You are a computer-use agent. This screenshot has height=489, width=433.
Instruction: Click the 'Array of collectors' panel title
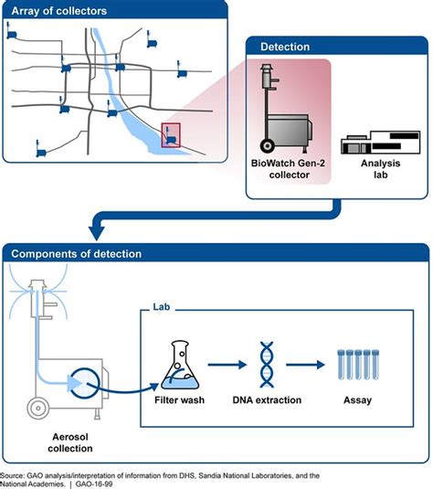(58, 11)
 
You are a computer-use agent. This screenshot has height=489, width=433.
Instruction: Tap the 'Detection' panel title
(285, 47)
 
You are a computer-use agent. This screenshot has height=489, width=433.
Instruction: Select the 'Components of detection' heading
(77, 254)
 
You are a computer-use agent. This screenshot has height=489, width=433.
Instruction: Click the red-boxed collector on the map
(171, 135)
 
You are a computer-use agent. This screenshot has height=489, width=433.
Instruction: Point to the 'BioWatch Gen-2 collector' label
(288, 169)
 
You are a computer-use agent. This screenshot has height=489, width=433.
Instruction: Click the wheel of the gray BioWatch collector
(268, 146)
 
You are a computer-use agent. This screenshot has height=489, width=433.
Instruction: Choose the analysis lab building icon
(380, 143)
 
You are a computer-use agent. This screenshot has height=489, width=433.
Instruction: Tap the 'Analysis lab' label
(380, 169)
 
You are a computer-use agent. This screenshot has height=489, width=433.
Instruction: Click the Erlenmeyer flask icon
(180, 365)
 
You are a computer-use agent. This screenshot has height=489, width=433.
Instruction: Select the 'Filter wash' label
(180, 400)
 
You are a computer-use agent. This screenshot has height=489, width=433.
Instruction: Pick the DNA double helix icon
(267, 365)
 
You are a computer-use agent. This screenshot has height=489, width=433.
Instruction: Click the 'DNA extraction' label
(267, 400)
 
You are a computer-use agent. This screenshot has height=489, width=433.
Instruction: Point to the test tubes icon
(358, 365)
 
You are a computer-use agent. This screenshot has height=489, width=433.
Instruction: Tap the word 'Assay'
(357, 400)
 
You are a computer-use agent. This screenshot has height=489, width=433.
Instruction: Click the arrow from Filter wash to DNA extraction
(227, 365)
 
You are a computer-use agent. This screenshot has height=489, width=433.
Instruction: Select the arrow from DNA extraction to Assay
(305, 365)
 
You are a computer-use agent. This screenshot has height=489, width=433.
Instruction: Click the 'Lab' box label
(161, 307)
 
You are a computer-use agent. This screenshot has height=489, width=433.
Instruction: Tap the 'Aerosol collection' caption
(70, 442)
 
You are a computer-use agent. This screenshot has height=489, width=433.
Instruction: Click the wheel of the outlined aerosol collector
(38, 408)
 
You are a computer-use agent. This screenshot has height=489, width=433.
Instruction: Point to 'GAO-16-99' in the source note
(94, 484)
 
